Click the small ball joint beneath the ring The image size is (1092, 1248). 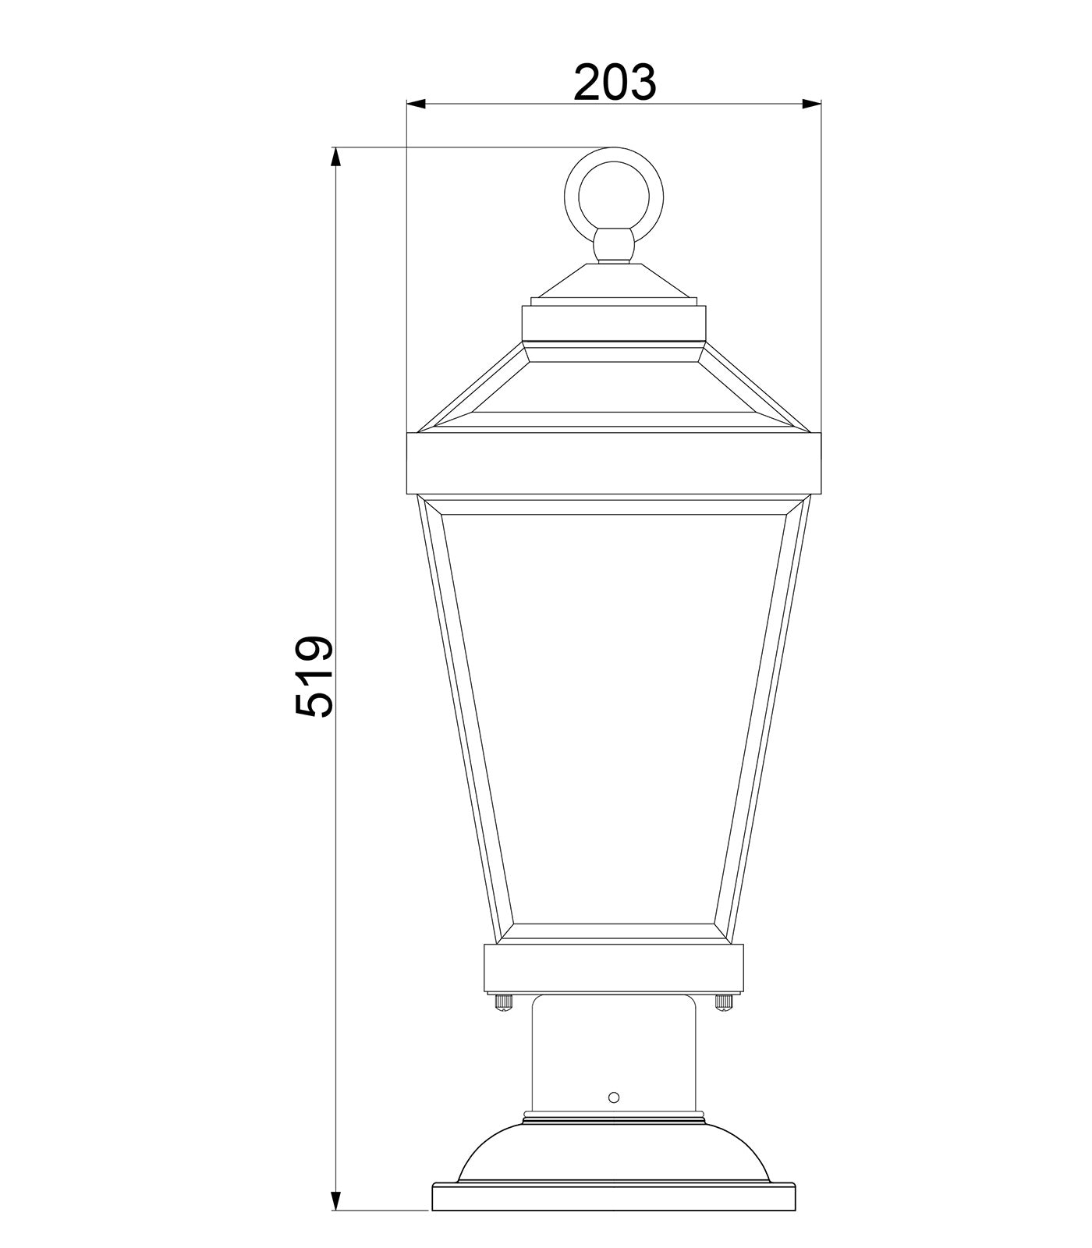[x=613, y=245]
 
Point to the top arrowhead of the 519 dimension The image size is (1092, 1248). [x=336, y=157]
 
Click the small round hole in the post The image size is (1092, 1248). [x=613, y=1097]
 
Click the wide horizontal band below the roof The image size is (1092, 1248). [x=613, y=463]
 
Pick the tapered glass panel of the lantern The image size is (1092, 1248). [x=613, y=718]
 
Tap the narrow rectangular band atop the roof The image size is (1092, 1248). [x=613, y=322]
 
